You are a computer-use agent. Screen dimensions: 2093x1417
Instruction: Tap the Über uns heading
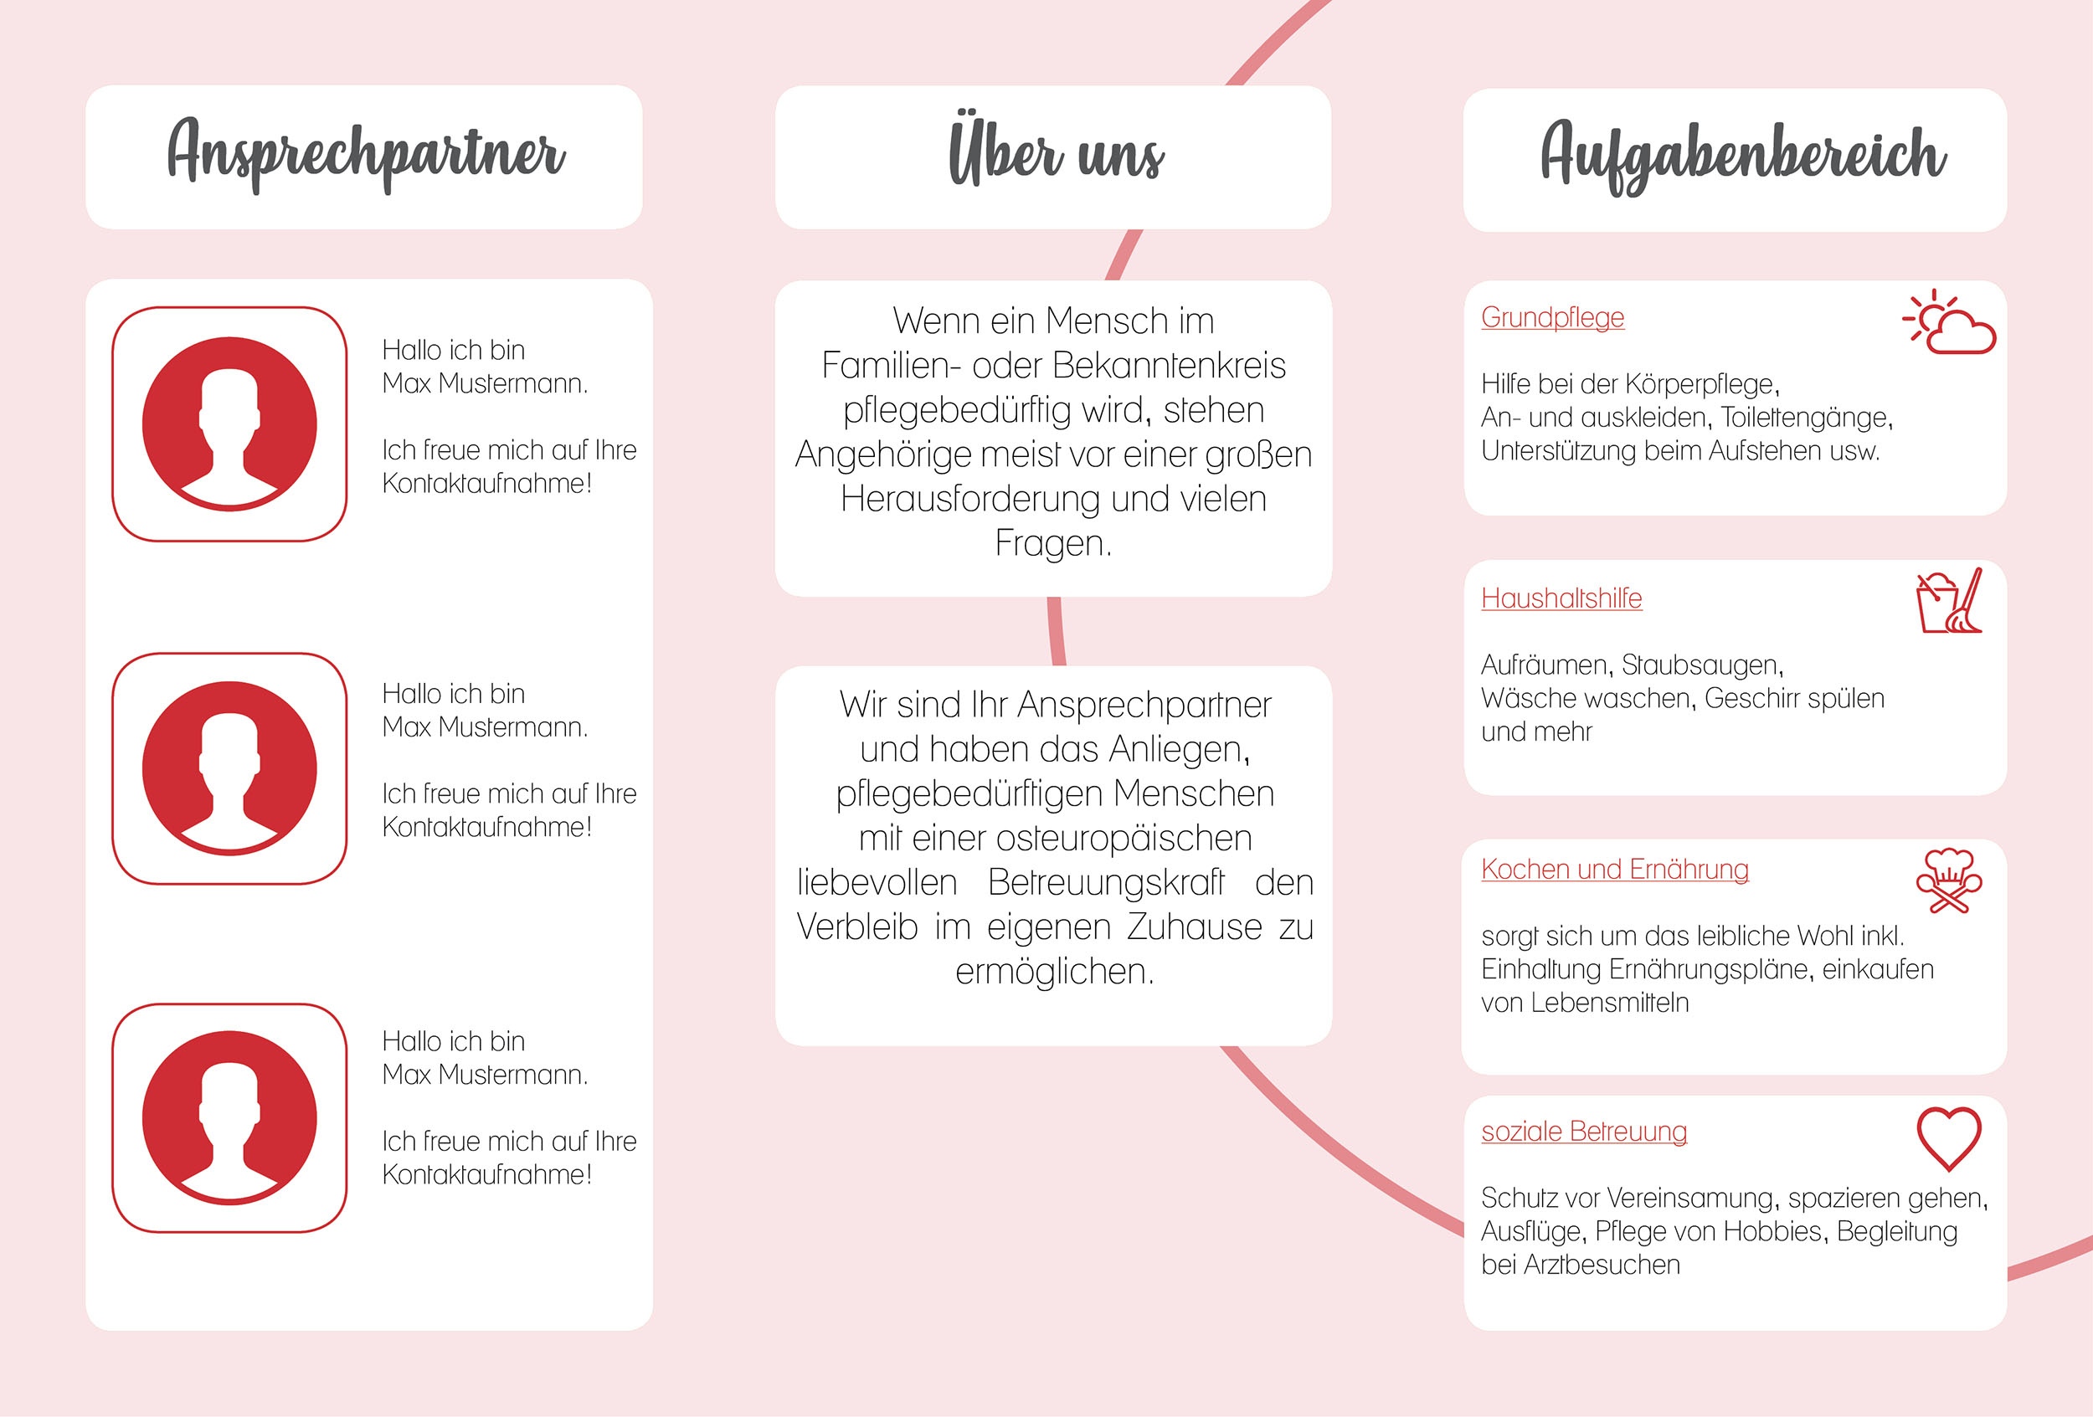(1056, 151)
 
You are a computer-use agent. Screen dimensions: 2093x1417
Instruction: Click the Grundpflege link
(1553, 318)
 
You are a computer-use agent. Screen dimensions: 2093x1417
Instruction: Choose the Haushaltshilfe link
(1561, 598)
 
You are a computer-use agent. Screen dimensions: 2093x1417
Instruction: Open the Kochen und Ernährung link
(1615, 870)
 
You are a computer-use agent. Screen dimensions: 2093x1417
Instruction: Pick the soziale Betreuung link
(1584, 1132)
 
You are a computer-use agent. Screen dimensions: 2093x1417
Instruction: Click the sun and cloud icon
(1949, 321)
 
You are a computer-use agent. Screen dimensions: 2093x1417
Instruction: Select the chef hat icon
(1949, 880)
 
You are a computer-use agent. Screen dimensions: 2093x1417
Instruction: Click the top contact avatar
(229, 424)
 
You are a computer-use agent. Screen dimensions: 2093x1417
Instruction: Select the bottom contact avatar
(229, 1118)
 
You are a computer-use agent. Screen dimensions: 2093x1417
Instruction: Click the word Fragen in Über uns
(1053, 544)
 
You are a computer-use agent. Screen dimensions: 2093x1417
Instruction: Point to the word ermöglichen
(1055, 972)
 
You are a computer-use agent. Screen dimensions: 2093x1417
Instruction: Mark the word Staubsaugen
(1702, 665)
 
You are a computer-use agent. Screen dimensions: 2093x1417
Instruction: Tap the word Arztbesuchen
(1602, 1265)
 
